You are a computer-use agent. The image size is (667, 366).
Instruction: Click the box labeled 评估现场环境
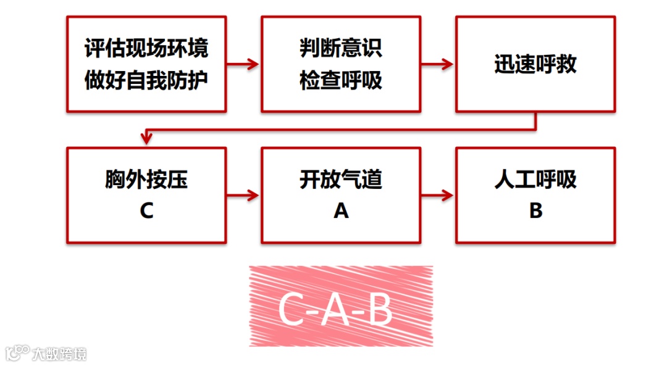click(146, 49)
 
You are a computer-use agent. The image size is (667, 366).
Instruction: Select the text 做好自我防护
click(146, 80)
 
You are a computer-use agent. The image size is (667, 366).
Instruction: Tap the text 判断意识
click(341, 49)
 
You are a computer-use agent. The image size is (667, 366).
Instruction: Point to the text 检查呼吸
click(341, 80)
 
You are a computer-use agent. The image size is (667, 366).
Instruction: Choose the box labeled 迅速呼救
click(535, 64)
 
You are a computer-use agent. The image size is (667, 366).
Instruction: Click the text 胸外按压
click(146, 180)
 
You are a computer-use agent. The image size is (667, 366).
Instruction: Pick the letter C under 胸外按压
click(146, 211)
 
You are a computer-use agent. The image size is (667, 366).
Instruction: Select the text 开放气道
click(341, 180)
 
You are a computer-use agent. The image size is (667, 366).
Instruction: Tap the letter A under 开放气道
click(341, 211)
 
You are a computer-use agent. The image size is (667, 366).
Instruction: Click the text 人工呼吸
click(535, 180)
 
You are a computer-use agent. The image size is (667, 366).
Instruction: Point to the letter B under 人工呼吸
click(535, 211)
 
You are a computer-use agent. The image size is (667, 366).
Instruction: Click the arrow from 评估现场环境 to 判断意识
click(243, 64)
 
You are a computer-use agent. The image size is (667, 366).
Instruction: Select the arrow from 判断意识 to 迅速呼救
click(438, 64)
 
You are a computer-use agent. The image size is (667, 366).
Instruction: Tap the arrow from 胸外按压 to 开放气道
click(243, 196)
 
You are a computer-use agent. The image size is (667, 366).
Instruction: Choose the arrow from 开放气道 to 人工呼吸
click(438, 196)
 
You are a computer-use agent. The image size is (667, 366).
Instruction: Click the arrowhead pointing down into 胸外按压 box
click(146, 139)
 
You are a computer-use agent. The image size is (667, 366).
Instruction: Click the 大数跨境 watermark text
click(59, 354)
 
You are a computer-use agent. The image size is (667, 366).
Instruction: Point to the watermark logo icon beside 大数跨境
click(17, 352)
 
